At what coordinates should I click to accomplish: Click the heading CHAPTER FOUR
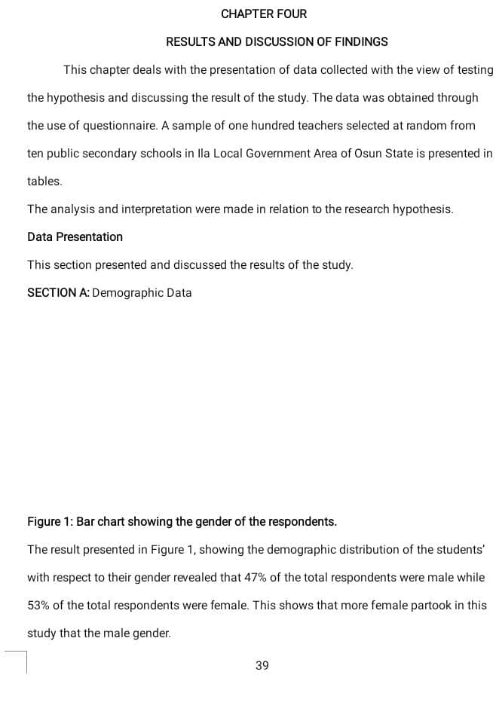coord(264,14)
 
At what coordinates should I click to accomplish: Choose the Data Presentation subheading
coord(75,237)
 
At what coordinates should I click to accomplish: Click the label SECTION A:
coord(58,292)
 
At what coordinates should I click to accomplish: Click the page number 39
coord(262,665)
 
